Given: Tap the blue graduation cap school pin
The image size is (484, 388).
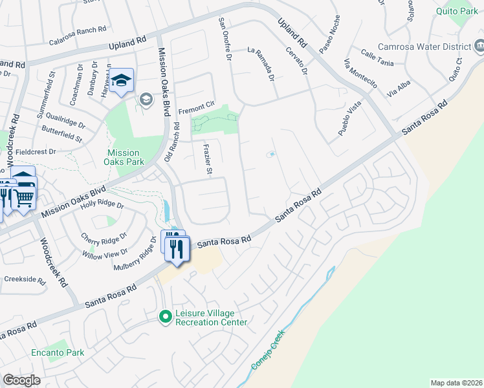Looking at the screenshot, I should (x=121, y=81).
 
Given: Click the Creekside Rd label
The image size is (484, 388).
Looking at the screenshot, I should (x=25, y=281).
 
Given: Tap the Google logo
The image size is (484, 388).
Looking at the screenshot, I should (x=21, y=380).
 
